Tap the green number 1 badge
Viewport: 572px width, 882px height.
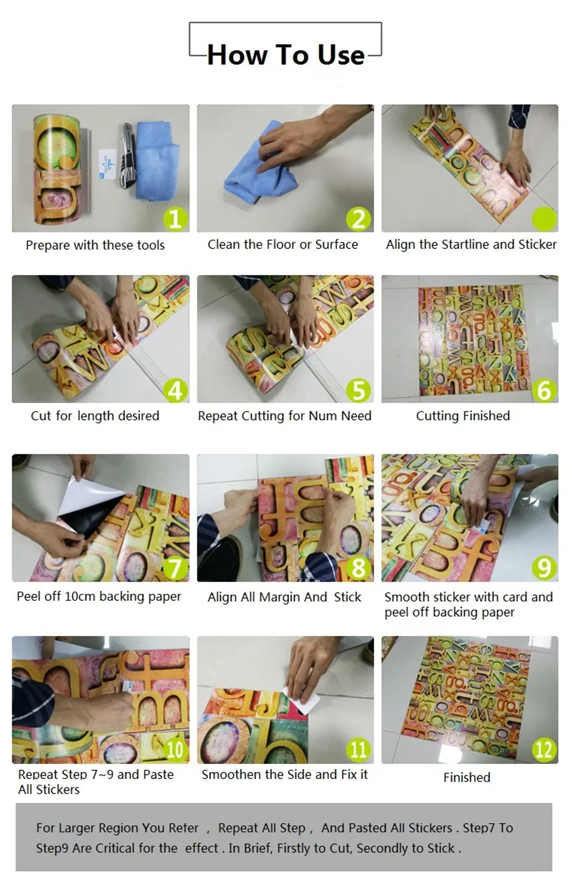pyautogui.click(x=176, y=219)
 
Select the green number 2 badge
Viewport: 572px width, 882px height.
pyautogui.click(x=359, y=219)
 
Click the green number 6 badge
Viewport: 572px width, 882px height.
pyautogui.click(x=544, y=391)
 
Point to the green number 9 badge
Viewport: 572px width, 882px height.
pyautogui.click(x=544, y=568)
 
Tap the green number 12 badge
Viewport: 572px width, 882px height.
pyautogui.click(x=544, y=750)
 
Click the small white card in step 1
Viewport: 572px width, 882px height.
pyautogui.click(x=107, y=164)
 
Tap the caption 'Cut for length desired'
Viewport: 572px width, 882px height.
pyautogui.click(x=95, y=416)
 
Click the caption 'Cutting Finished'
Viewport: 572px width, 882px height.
pyautogui.click(x=463, y=416)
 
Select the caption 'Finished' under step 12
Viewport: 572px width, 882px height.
pyautogui.click(x=467, y=777)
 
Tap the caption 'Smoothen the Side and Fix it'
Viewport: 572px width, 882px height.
pyautogui.click(x=284, y=775)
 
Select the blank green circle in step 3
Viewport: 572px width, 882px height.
pyautogui.click(x=544, y=219)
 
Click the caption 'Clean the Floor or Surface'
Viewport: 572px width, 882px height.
pyautogui.click(x=283, y=245)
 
